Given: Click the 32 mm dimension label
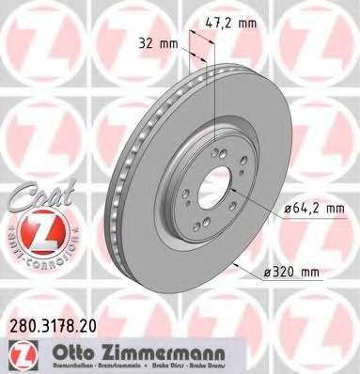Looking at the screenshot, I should [156, 43].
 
